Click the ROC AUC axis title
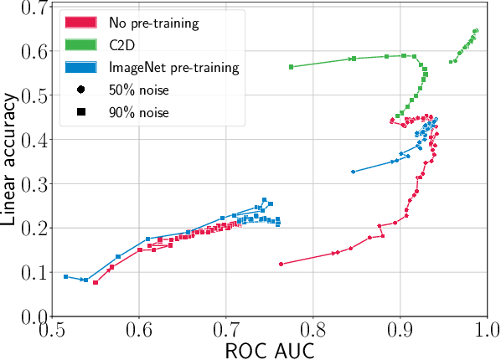pyautogui.click(x=269, y=349)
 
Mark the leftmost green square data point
pyautogui.click(x=291, y=67)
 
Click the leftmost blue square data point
pyautogui.click(x=65, y=276)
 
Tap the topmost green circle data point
pyautogui.click(x=476, y=31)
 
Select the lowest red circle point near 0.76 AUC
pyautogui.click(x=281, y=264)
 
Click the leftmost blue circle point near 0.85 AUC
pyautogui.click(x=353, y=172)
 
